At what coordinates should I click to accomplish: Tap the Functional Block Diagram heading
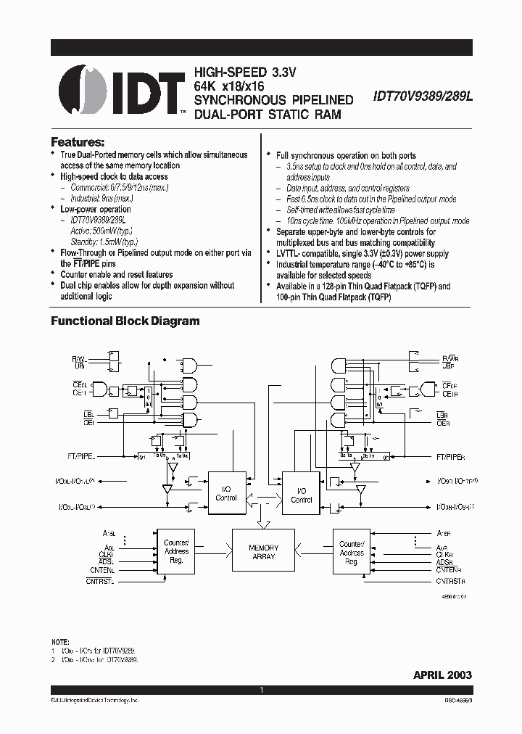(x=125, y=321)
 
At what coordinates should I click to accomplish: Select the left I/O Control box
(x=226, y=494)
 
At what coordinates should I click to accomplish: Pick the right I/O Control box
(x=301, y=495)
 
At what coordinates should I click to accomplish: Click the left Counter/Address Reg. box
(x=176, y=551)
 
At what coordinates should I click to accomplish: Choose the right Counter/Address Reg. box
(x=352, y=553)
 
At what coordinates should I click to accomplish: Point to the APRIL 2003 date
(x=442, y=675)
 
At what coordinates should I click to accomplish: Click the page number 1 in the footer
(x=260, y=690)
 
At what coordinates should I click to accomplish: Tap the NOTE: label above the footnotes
(x=60, y=643)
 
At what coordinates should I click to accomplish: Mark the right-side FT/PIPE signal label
(x=452, y=458)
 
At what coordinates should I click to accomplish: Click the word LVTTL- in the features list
(x=291, y=253)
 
